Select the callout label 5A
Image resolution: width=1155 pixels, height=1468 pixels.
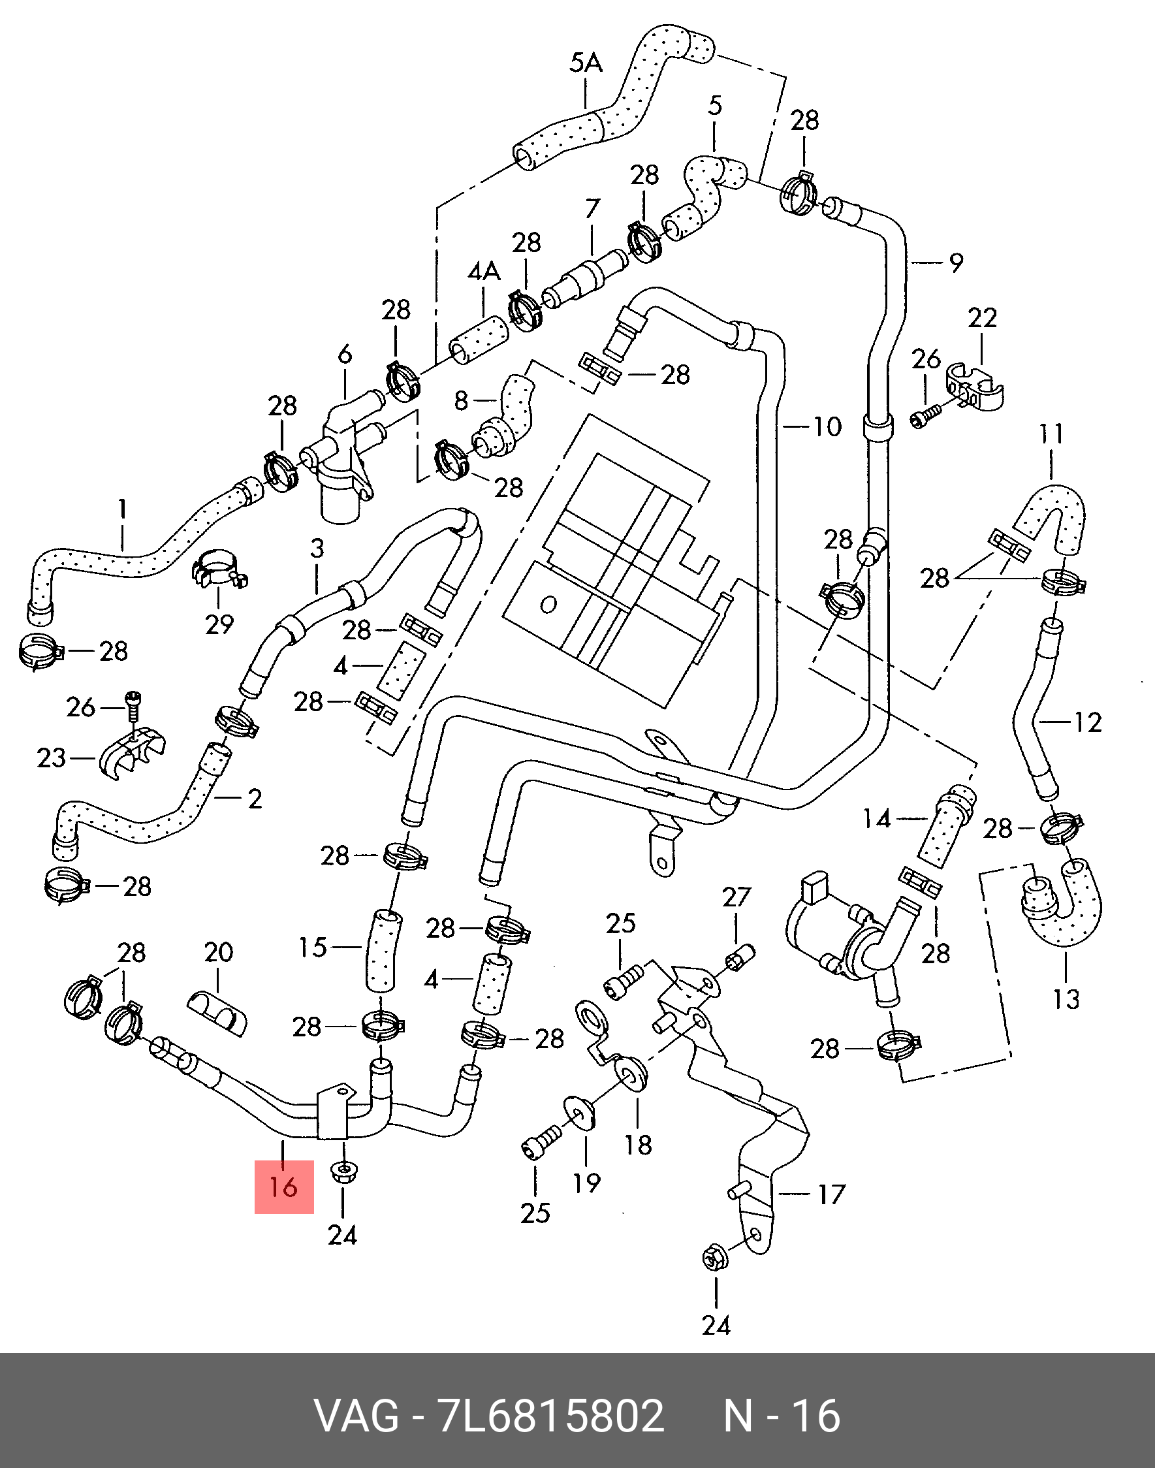(x=586, y=63)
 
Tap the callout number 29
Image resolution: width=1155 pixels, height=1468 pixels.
(x=219, y=624)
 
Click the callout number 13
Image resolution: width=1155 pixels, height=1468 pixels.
(x=1066, y=998)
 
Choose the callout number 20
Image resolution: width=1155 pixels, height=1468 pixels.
(x=219, y=953)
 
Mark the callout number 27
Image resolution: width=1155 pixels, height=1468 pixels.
(x=736, y=897)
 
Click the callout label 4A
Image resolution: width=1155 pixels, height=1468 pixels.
(x=484, y=272)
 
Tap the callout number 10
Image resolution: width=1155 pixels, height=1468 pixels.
(x=827, y=426)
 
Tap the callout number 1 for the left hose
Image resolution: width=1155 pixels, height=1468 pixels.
(x=122, y=509)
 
